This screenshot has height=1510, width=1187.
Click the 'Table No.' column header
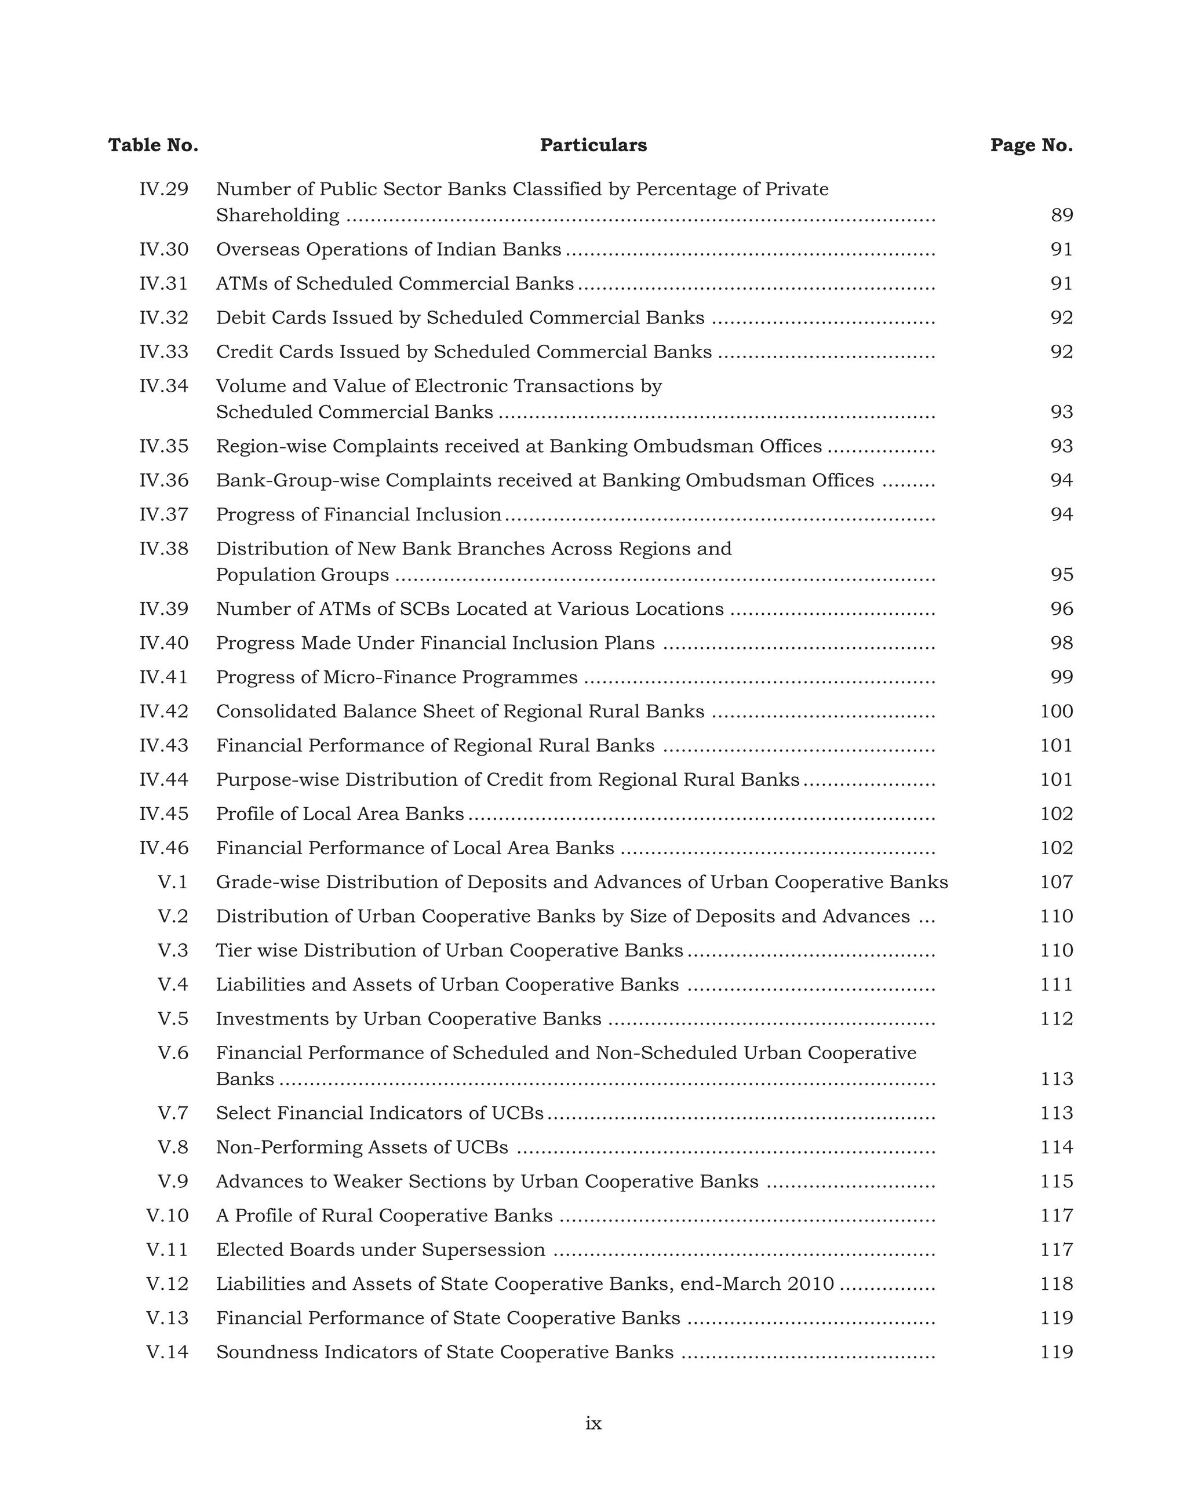pyautogui.click(x=153, y=145)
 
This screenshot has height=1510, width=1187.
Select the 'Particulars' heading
pyautogui.click(x=593, y=145)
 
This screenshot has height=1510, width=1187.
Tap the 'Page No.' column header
pyautogui.click(x=1031, y=145)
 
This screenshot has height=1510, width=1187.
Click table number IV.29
pyautogui.click(x=163, y=189)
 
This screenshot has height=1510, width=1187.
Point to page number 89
pyautogui.click(x=1062, y=216)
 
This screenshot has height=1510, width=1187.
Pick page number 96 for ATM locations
pyautogui.click(x=1062, y=609)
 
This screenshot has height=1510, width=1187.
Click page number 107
pyautogui.click(x=1057, y=882)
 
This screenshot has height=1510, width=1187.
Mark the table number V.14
pyautogui.click(x=167, y=1352)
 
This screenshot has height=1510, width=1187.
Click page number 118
pyautogui.click(x=1057, y=1283)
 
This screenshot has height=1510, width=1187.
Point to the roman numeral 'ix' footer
pyautogui.click(x=593, y=1424)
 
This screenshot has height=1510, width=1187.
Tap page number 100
pyautogui.click(x=1057, y=711)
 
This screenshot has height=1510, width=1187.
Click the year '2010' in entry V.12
pyautogui.click(x=811, y=1283)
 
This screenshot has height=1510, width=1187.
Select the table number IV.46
pyautogui.click(x=163, y=848)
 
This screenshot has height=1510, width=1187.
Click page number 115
pyautogui.click(x=1057, y=1181)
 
